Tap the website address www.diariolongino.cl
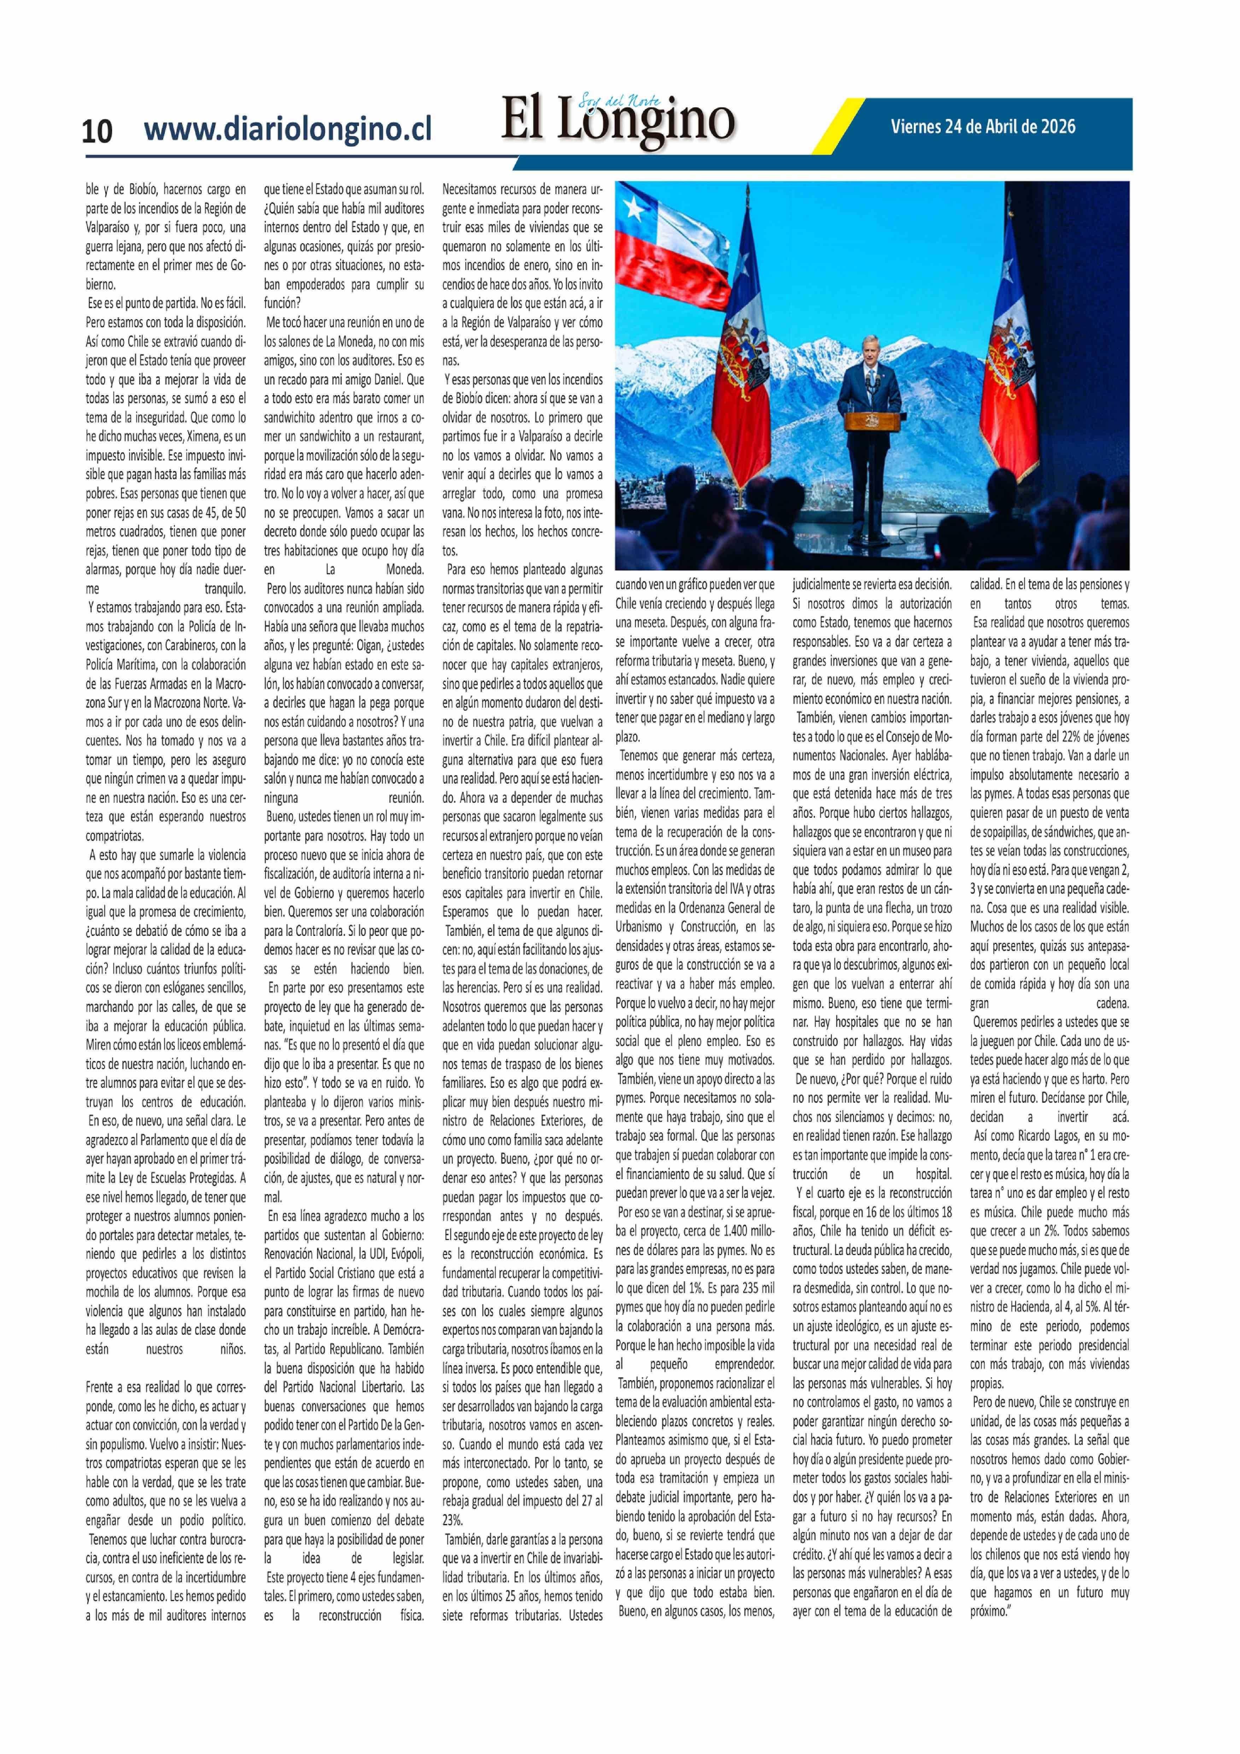click(x=287, y=128)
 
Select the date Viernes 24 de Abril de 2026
click(x=983, y=126)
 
